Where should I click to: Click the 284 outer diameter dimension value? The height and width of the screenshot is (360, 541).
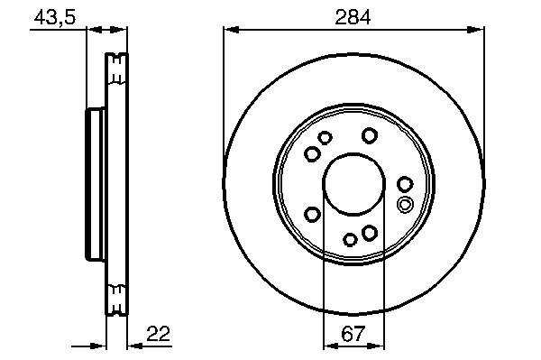pyautogui.click(x=353, y=17)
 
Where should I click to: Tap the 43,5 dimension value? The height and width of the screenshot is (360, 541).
pyautogui.click(x=54, y=16)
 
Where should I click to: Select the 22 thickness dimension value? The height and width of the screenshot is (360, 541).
pyautogui.click(x=159, y=334)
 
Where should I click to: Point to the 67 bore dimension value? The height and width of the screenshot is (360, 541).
pyautogui.click(x=353, y=334)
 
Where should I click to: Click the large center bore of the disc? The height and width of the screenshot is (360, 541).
pyautogui.click(x=353, y=184)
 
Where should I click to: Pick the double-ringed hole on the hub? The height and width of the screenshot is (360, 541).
pyautogui.click(x=405, y=204)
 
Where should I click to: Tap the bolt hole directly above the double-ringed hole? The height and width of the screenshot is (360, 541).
pyautogui.click(x=405, y=184)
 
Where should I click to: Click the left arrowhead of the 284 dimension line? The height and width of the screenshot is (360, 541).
pyautogui.click(x=231, y=30)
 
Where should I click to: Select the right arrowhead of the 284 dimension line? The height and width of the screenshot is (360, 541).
pyautogui.click(x=476, y=30)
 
